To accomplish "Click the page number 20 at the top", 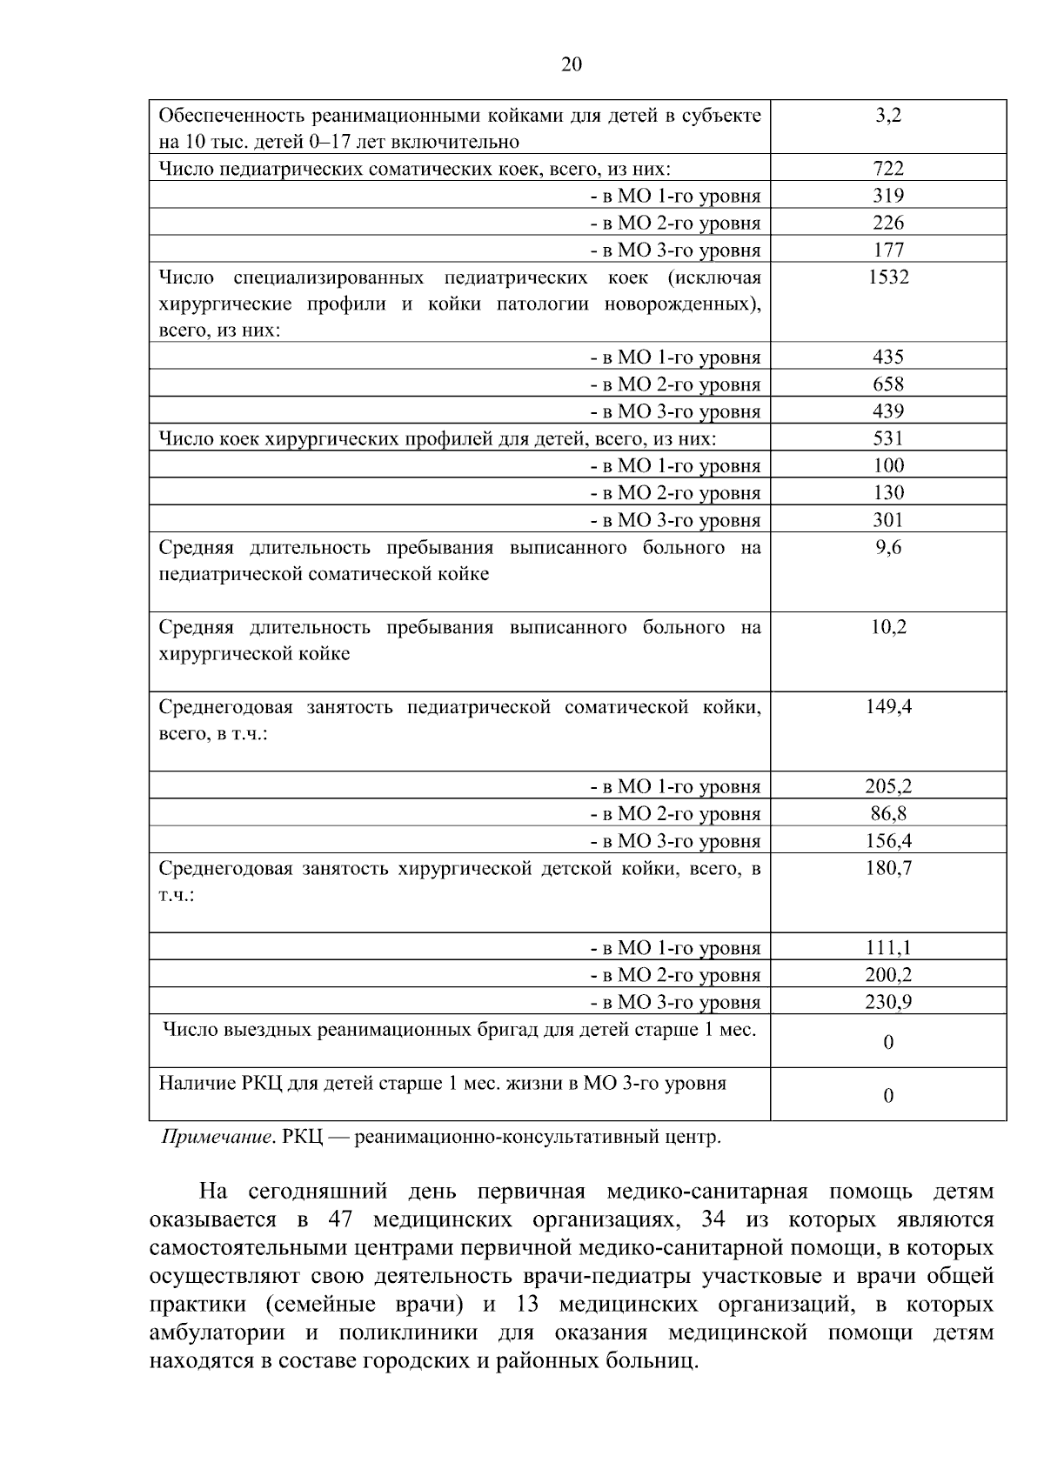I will pos(572,65).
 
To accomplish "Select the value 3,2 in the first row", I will pos(888,115).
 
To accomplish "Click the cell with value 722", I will pos(888,169).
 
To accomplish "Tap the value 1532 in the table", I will pos(888,277).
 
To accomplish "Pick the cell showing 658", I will pos(888,384).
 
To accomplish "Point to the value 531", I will pos(888,438).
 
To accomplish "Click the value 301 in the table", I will pos(888,520).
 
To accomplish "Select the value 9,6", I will pos(888,548).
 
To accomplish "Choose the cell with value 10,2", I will pos(888,627).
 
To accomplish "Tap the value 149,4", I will pos(888,707).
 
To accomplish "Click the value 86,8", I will pos(888,814).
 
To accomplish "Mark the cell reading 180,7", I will pos(888,868).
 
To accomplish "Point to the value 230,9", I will pos(888,1002).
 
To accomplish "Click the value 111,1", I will pos(888,948).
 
